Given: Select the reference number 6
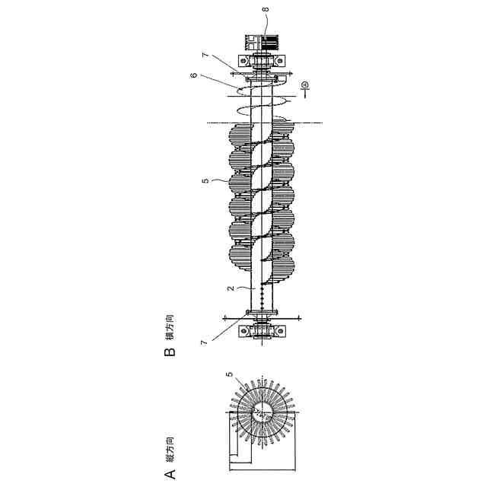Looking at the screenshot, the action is [194, 75].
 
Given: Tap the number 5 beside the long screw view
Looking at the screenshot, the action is [205, 181].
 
